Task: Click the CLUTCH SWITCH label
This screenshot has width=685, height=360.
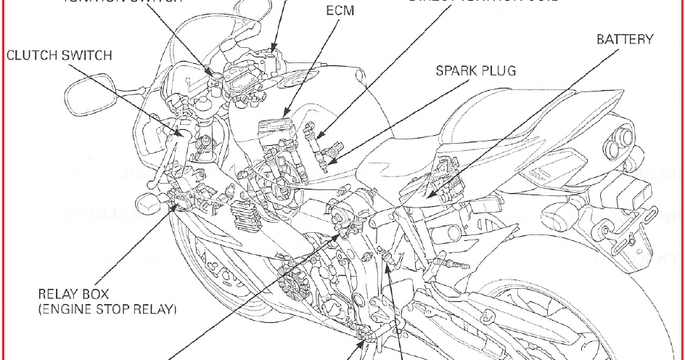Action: coord(59,55)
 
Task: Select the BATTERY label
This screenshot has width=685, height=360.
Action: coord(625,39)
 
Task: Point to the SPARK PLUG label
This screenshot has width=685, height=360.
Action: coord(475,71)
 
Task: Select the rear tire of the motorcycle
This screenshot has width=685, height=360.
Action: coord(581,319)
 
